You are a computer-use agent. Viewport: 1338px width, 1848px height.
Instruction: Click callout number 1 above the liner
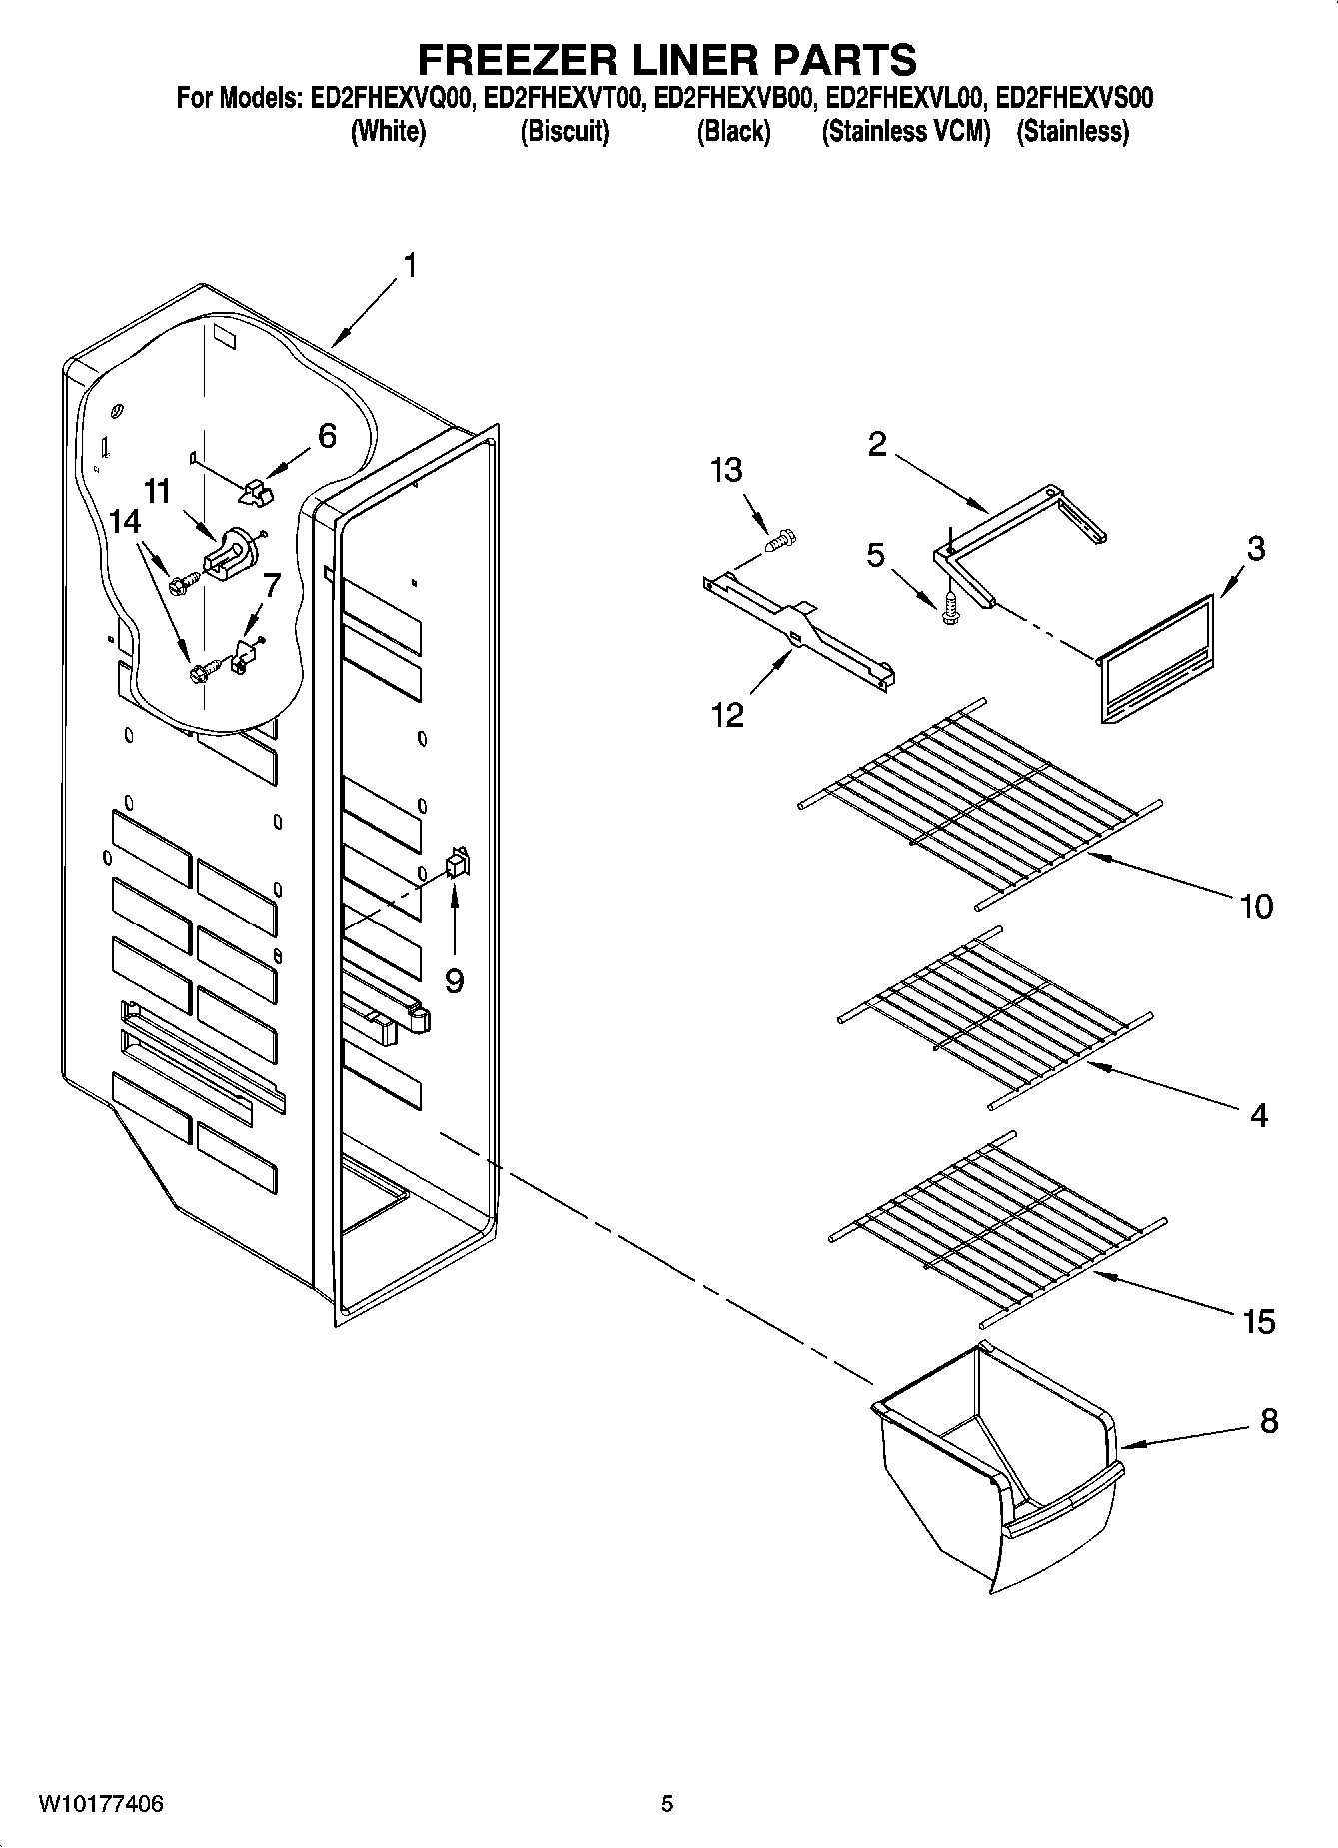pos(410,266)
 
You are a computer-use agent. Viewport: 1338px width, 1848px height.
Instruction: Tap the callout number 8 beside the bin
pos(1268,1420)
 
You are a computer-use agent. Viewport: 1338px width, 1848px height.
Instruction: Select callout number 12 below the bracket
pos(728,715)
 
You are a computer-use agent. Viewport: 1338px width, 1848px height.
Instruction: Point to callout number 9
pos(454,981)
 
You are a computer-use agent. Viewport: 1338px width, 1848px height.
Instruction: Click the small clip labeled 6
pos(256,491)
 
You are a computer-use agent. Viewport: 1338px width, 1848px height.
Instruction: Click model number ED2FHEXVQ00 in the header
pos(392,99)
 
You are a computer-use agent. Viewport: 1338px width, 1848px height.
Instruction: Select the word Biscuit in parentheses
pos(565,131)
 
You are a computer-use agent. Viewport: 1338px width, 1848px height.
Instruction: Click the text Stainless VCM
pos(906,131)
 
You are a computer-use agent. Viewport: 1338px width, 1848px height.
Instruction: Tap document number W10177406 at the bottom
pos(100,1804)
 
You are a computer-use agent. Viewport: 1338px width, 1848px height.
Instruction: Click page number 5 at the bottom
pos(668,1804)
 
